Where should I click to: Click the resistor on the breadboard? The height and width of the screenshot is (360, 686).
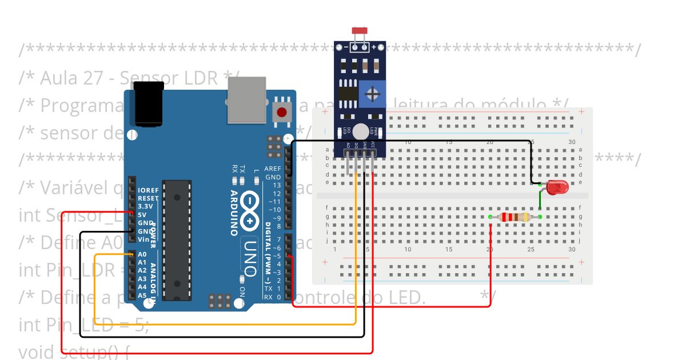coord(514,217)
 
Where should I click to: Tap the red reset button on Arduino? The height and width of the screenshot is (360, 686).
coord(281,112)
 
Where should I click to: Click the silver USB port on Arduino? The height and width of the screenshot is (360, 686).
coord(246,100)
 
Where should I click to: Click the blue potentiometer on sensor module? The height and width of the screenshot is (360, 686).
coord(372,93)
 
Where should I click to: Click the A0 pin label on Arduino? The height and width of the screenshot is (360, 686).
coord(143,254)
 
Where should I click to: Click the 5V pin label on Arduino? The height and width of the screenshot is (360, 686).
coord(142,214)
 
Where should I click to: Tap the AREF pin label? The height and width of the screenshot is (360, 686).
coord(273,169)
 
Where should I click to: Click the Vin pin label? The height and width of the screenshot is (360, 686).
coord(143,239)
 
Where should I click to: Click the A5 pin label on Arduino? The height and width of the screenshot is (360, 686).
coord(143,295)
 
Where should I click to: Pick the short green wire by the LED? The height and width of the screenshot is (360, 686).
coord(540,199)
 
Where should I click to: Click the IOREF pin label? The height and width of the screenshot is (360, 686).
coord(147,190)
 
